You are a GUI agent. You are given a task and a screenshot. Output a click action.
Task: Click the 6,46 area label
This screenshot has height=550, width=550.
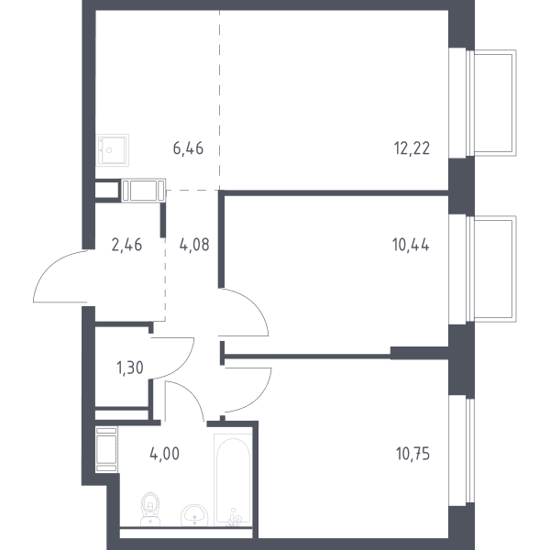click(188, 148)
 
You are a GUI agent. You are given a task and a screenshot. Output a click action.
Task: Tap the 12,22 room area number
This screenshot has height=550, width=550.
click(412, 148)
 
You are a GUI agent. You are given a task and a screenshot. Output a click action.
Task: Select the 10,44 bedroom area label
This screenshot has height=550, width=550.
click(411, 245)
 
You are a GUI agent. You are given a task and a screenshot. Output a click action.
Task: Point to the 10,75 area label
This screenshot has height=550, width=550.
click(412, 454)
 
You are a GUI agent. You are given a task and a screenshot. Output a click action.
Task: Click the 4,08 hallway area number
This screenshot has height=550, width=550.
click(194, 245)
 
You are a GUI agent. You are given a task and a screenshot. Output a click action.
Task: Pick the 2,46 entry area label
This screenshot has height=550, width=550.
click(126, 245)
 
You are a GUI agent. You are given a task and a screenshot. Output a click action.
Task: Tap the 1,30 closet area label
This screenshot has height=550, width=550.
click(130, 368)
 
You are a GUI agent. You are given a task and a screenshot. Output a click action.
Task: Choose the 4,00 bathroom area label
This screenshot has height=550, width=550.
click(164, 454)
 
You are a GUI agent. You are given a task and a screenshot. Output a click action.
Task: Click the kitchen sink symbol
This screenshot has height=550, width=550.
click(113, 149)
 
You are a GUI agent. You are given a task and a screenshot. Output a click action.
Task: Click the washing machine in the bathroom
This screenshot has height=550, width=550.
click(106, 450)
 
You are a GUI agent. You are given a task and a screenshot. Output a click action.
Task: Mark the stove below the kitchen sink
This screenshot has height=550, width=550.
click(144, 191)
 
